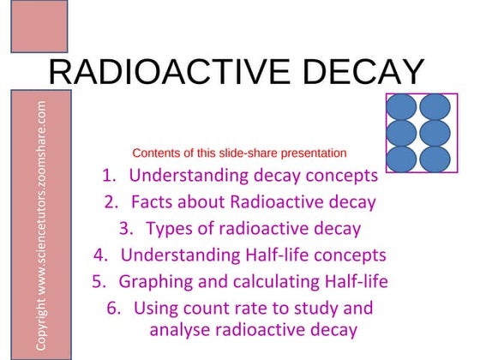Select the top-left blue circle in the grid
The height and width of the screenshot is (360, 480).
pos(403,108)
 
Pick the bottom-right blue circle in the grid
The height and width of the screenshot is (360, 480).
pos(435,159)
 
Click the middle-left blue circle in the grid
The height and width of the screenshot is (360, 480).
pos(403,134)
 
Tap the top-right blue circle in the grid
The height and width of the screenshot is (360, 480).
pos(435,108)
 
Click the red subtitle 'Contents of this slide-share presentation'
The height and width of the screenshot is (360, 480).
pos(239,153)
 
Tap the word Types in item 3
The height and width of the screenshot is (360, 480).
pos(169,229)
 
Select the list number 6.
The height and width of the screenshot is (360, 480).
pos(113,308)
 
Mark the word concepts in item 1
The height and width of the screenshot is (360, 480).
pos(333,177)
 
